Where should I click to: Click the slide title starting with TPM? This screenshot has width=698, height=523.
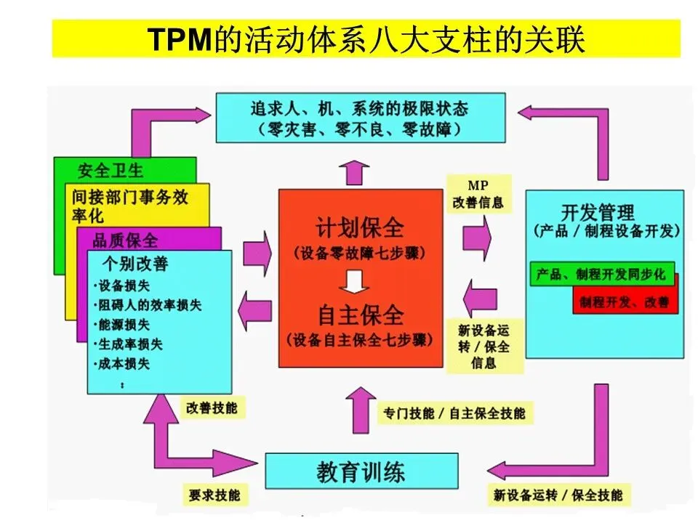pos(366,38)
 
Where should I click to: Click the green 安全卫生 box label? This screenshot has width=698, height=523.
pos(111,171)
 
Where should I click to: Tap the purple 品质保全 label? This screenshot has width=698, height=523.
pos(125,239)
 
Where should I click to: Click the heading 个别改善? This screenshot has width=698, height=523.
pos(135,262)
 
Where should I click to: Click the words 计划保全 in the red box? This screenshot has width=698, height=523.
pos(360,227)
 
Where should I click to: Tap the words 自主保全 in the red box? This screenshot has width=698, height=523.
pos(360,315)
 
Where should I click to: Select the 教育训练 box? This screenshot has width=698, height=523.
pos(361,473)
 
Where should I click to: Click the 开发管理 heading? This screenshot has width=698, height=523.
pos(598,212)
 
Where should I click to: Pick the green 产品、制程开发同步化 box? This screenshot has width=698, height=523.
pos(601,275)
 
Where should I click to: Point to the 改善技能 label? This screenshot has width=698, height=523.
pos(212,408)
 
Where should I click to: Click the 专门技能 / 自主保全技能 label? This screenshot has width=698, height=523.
pos(454,413)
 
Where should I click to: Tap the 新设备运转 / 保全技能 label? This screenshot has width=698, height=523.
pos(558,495)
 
